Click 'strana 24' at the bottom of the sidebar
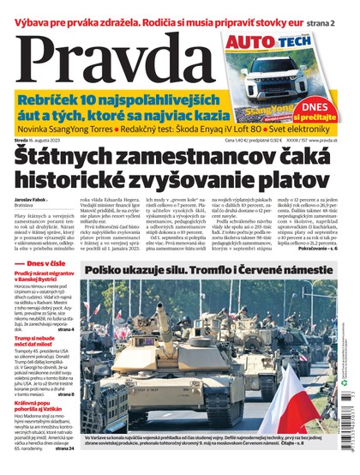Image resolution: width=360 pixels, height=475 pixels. (64, 447)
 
